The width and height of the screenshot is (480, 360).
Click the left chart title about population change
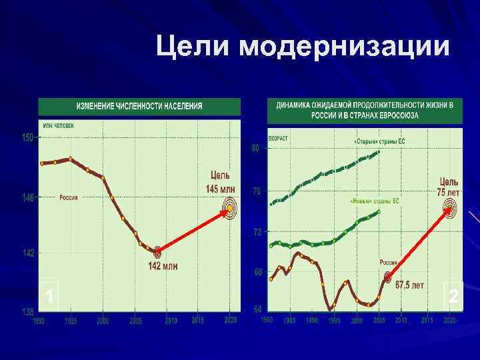click(x=139, y=107)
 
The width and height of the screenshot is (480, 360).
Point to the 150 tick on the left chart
click(x=27, y=138)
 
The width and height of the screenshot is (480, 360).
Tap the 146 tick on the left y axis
click(x=27, y=197)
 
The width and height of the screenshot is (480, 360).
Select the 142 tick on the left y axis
click(x=27, y=253)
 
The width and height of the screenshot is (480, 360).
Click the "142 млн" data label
click(x=163, y=267)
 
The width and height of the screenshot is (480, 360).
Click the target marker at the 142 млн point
click(x=157, y=252)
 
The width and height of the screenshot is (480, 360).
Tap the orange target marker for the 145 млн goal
click(x=229, y=209)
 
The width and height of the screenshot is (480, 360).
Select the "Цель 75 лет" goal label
click(x=449, y=187)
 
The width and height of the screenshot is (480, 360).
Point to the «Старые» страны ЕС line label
click(x=379, y=141)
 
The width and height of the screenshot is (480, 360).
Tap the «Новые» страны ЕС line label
click(x=374, y=201)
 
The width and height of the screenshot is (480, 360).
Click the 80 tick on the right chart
click(x=255, y=148)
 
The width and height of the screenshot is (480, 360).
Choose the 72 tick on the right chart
click(x=255, y=232)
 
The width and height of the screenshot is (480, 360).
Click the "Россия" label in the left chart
click(x=69, y=197)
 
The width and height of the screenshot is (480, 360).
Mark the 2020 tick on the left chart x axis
click(x=231, y=321)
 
